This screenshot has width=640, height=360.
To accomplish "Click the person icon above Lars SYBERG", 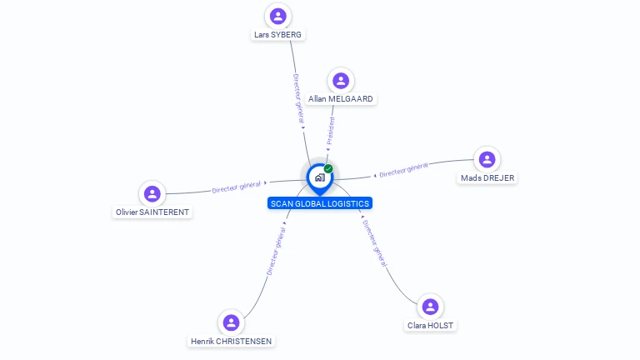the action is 278,15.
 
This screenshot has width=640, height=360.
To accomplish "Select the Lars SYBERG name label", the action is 278,35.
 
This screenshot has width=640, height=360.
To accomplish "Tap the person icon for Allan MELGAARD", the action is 340,80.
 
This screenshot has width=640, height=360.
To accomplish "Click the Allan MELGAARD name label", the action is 340,99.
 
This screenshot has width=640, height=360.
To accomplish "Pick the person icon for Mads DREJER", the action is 487,159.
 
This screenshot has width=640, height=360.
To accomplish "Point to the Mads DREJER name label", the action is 487,178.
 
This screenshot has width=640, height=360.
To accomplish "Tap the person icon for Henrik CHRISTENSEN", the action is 232,322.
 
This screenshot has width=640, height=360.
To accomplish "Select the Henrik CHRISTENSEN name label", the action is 232,342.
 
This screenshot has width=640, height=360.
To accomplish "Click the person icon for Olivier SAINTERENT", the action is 152,193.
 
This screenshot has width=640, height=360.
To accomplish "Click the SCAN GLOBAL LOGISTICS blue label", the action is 320,203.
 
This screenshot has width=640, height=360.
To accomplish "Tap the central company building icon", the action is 319,177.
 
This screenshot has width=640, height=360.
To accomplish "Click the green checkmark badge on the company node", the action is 328,168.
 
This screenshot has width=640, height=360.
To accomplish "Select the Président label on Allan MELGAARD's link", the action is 330,132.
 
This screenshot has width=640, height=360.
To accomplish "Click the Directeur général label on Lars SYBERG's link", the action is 299,99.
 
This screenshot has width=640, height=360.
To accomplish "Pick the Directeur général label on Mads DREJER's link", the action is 403,170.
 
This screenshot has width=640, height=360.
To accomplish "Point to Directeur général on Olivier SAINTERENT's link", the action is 237,187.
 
